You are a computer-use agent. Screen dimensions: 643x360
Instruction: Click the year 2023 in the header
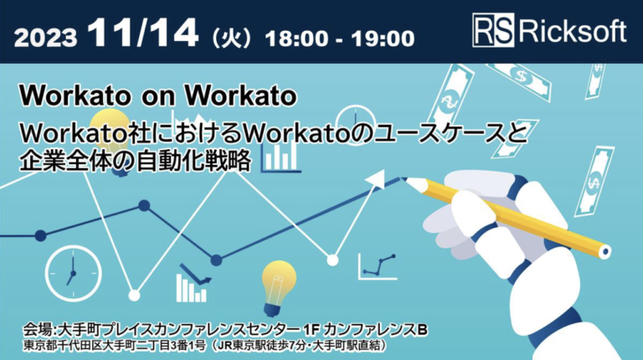(45, 39)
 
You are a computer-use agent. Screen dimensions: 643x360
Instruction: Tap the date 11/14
(142, 33)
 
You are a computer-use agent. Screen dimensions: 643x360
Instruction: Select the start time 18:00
(296, 39)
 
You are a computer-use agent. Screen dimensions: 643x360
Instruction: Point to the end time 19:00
(383, 39)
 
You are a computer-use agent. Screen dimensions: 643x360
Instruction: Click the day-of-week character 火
(232, 39)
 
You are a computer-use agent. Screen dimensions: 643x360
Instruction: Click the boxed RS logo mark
(493, 30)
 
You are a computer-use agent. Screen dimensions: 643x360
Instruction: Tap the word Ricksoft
(573, 30)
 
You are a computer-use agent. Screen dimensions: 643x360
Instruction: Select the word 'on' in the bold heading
(157, 95)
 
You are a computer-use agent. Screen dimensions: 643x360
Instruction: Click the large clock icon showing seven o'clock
(73, 273)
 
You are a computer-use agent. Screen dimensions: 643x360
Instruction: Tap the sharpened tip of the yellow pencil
(403, 179)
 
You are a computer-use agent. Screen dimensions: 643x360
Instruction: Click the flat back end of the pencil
(604, 251)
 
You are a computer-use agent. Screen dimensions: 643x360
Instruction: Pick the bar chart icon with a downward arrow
(193, 283)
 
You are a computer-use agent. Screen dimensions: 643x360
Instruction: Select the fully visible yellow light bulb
(279, 288)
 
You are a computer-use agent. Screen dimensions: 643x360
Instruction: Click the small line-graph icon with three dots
(378, 266)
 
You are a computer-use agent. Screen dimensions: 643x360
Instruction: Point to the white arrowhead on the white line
(376, 180)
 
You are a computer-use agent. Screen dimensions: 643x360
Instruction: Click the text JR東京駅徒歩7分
(262, 346)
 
